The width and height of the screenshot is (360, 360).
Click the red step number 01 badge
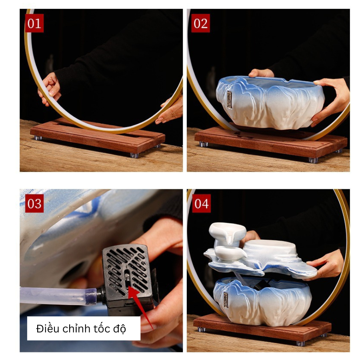34,23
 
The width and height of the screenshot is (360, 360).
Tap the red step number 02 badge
200,23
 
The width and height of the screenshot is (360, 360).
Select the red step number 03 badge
34,204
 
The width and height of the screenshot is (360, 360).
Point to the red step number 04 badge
201,204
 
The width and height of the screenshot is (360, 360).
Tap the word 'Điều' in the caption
48,328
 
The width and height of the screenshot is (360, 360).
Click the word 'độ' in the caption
119,329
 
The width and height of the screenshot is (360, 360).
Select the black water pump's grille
127,271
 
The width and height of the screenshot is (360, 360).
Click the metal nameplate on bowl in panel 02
229,100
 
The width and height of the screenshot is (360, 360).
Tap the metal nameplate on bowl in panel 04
226,300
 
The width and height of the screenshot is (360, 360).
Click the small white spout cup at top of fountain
227,232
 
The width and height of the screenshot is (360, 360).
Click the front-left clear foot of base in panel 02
204,144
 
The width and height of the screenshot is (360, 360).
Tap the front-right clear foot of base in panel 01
134,156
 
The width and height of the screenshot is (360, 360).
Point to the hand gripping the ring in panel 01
49,89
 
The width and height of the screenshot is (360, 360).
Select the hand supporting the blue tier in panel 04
325,264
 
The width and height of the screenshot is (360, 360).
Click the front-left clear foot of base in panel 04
202,330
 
